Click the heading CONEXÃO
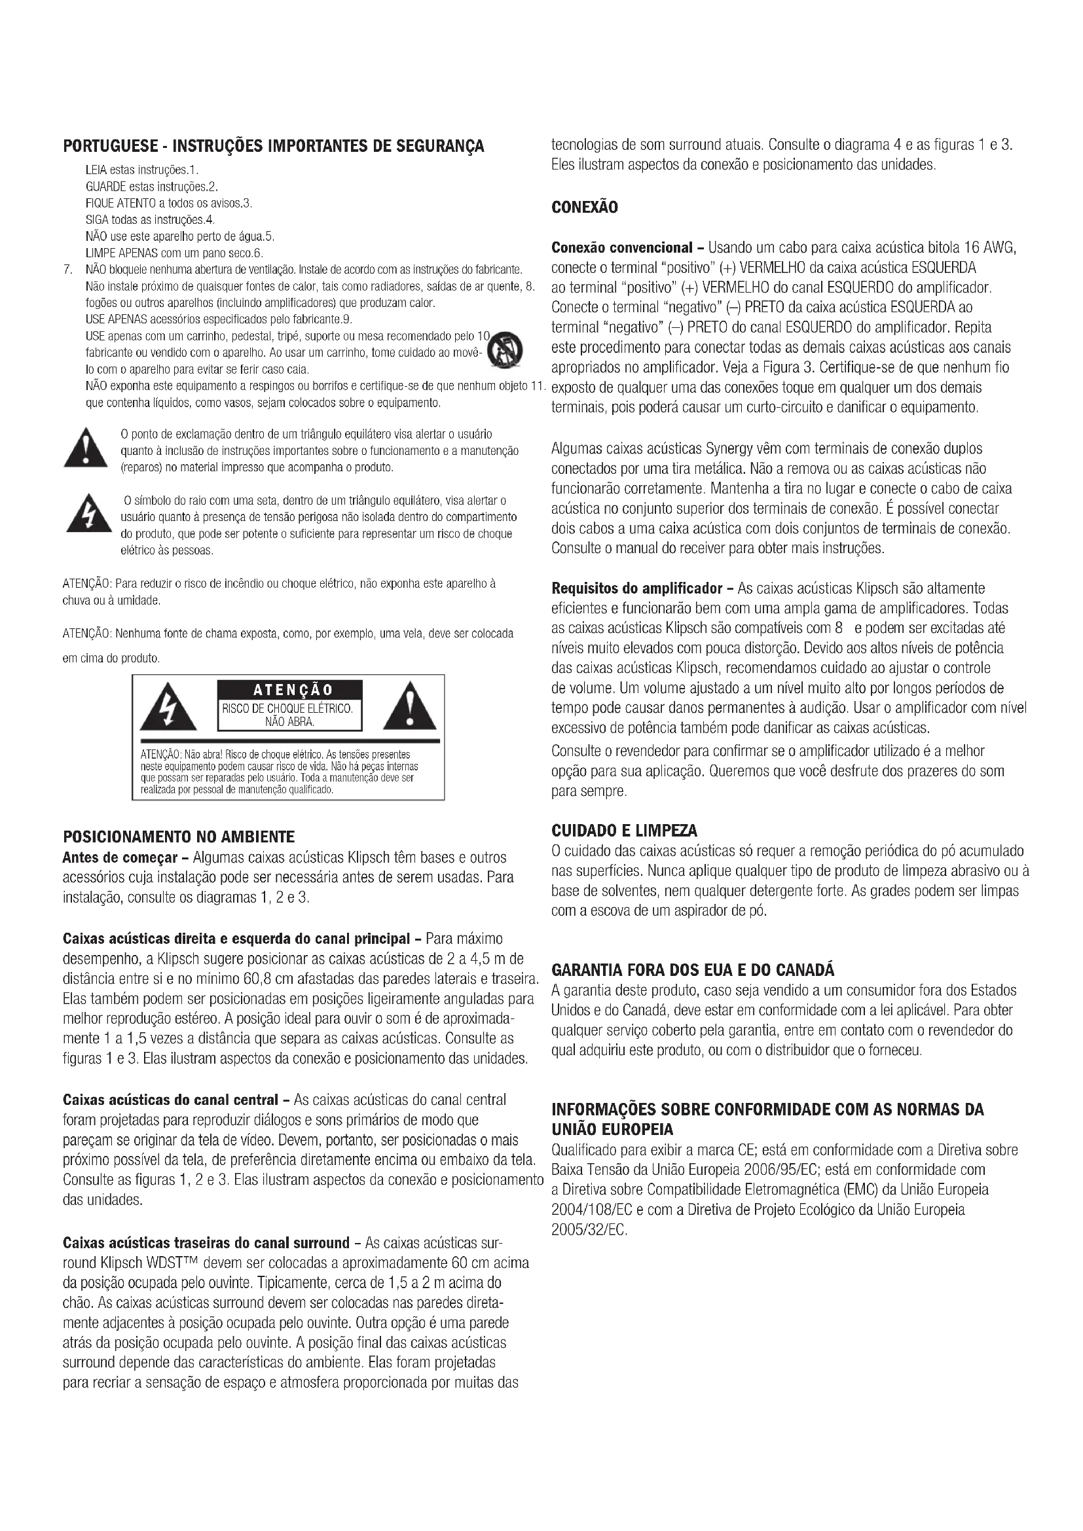[x=584, y=207]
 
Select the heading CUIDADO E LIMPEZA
[x=623, y=830]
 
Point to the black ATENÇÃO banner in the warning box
[x=289, y=689]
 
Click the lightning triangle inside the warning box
[x=168, y=708]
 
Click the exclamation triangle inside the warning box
[x=409, y=706]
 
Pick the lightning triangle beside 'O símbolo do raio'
[x=88, y=514]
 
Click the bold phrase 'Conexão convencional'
[x=621, y=248]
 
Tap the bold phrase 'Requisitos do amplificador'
[x=637, y=589]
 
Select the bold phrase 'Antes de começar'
[x=119, y=857]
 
